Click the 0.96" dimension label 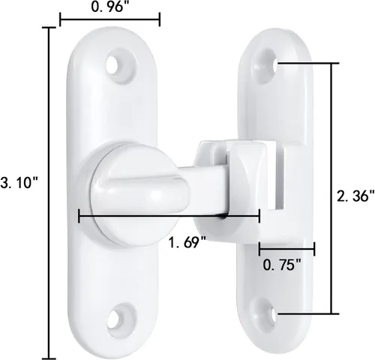(107, 7)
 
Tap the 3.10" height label (19, 182)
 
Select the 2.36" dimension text (355, 196)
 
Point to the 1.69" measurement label (187, 242)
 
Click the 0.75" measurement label (282, 265)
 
